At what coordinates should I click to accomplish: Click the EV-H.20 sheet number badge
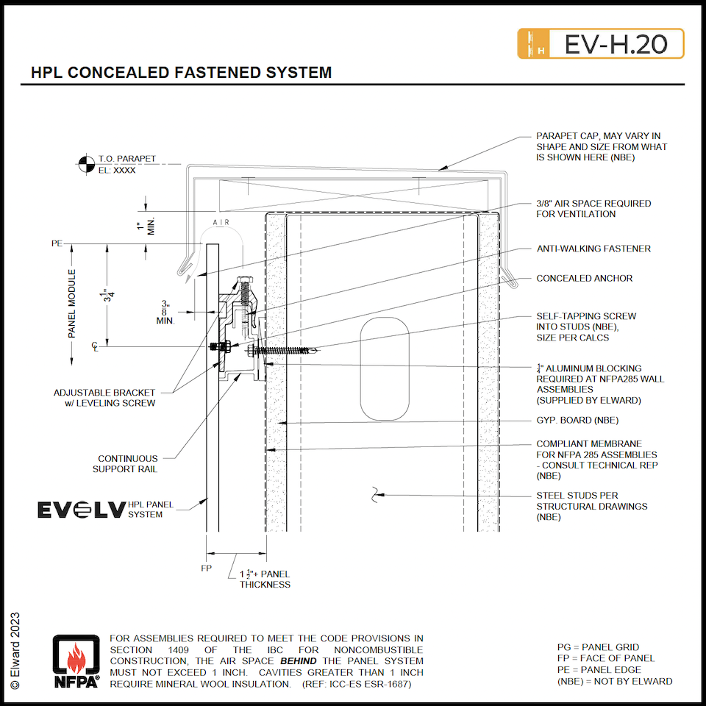pyautogui.click(x=601, y=44)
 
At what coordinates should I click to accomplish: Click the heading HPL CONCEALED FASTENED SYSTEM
pyautogui.click(x=181, y=73)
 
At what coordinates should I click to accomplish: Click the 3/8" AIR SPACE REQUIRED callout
pyautogui.click(x=593, y=209)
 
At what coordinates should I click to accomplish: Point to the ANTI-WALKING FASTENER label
pyautogui.click(x=593, y=249)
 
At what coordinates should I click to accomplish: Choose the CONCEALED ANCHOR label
pyautogui.click(x=584, y=279)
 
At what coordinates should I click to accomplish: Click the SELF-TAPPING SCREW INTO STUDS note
pyautogui.click(x=586, y=327)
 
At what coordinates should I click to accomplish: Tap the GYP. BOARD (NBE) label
pyautogui.click(x=577, y=421)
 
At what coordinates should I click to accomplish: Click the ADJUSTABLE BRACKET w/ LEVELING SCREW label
pyautogui.click(x=104, y=397)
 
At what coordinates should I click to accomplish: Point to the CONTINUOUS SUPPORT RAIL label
pyautogui.click(x=127, y=463)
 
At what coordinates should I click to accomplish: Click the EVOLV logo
pyautogui.click(x=81, y=510)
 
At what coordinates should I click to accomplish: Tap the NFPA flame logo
pyautogui.click(x=76, y=661)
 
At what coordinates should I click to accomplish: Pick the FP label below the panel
pyautogui.click(x=206, y=568)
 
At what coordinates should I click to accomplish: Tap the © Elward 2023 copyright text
pyautogui.click(x=15, y=650)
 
